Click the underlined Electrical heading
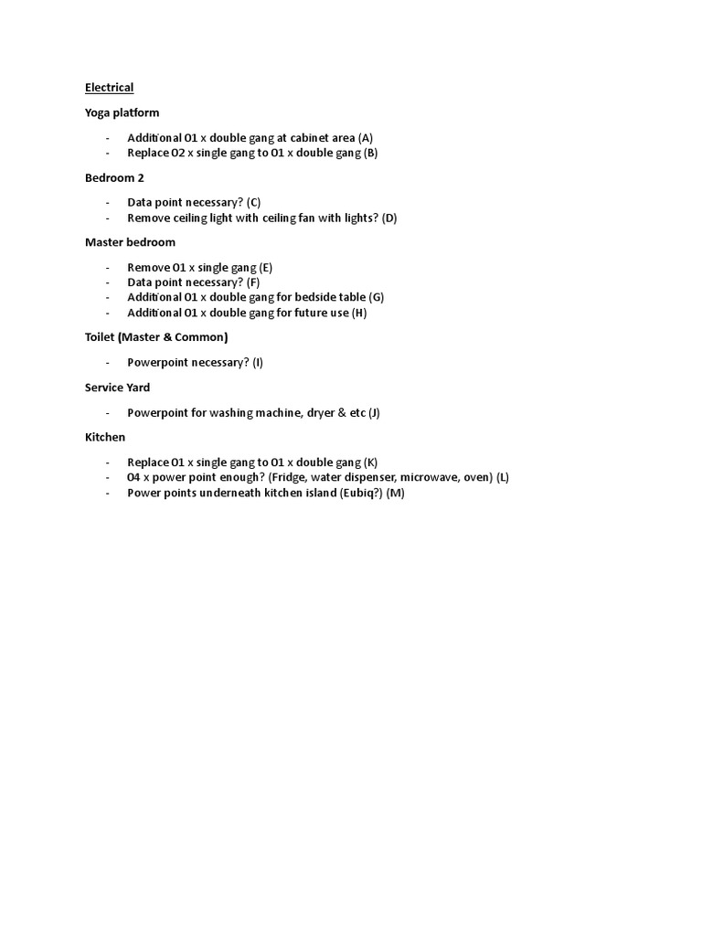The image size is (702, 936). [x=109, y=88]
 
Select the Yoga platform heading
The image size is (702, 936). [x=122, y=112]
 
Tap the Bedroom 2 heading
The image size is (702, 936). [x=114, y=177]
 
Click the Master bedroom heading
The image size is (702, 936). [x=130, y=242]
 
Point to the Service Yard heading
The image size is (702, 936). [x=117, y=388]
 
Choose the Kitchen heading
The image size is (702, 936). [x=105, y=437]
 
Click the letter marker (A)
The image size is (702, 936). [x=366, y=138]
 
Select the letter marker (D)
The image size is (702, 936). [x=389, y=218]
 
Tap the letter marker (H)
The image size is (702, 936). [x=359, y=313]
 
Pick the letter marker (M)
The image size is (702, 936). [x=395, y=493]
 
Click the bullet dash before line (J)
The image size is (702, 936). [x=108, y=412]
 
